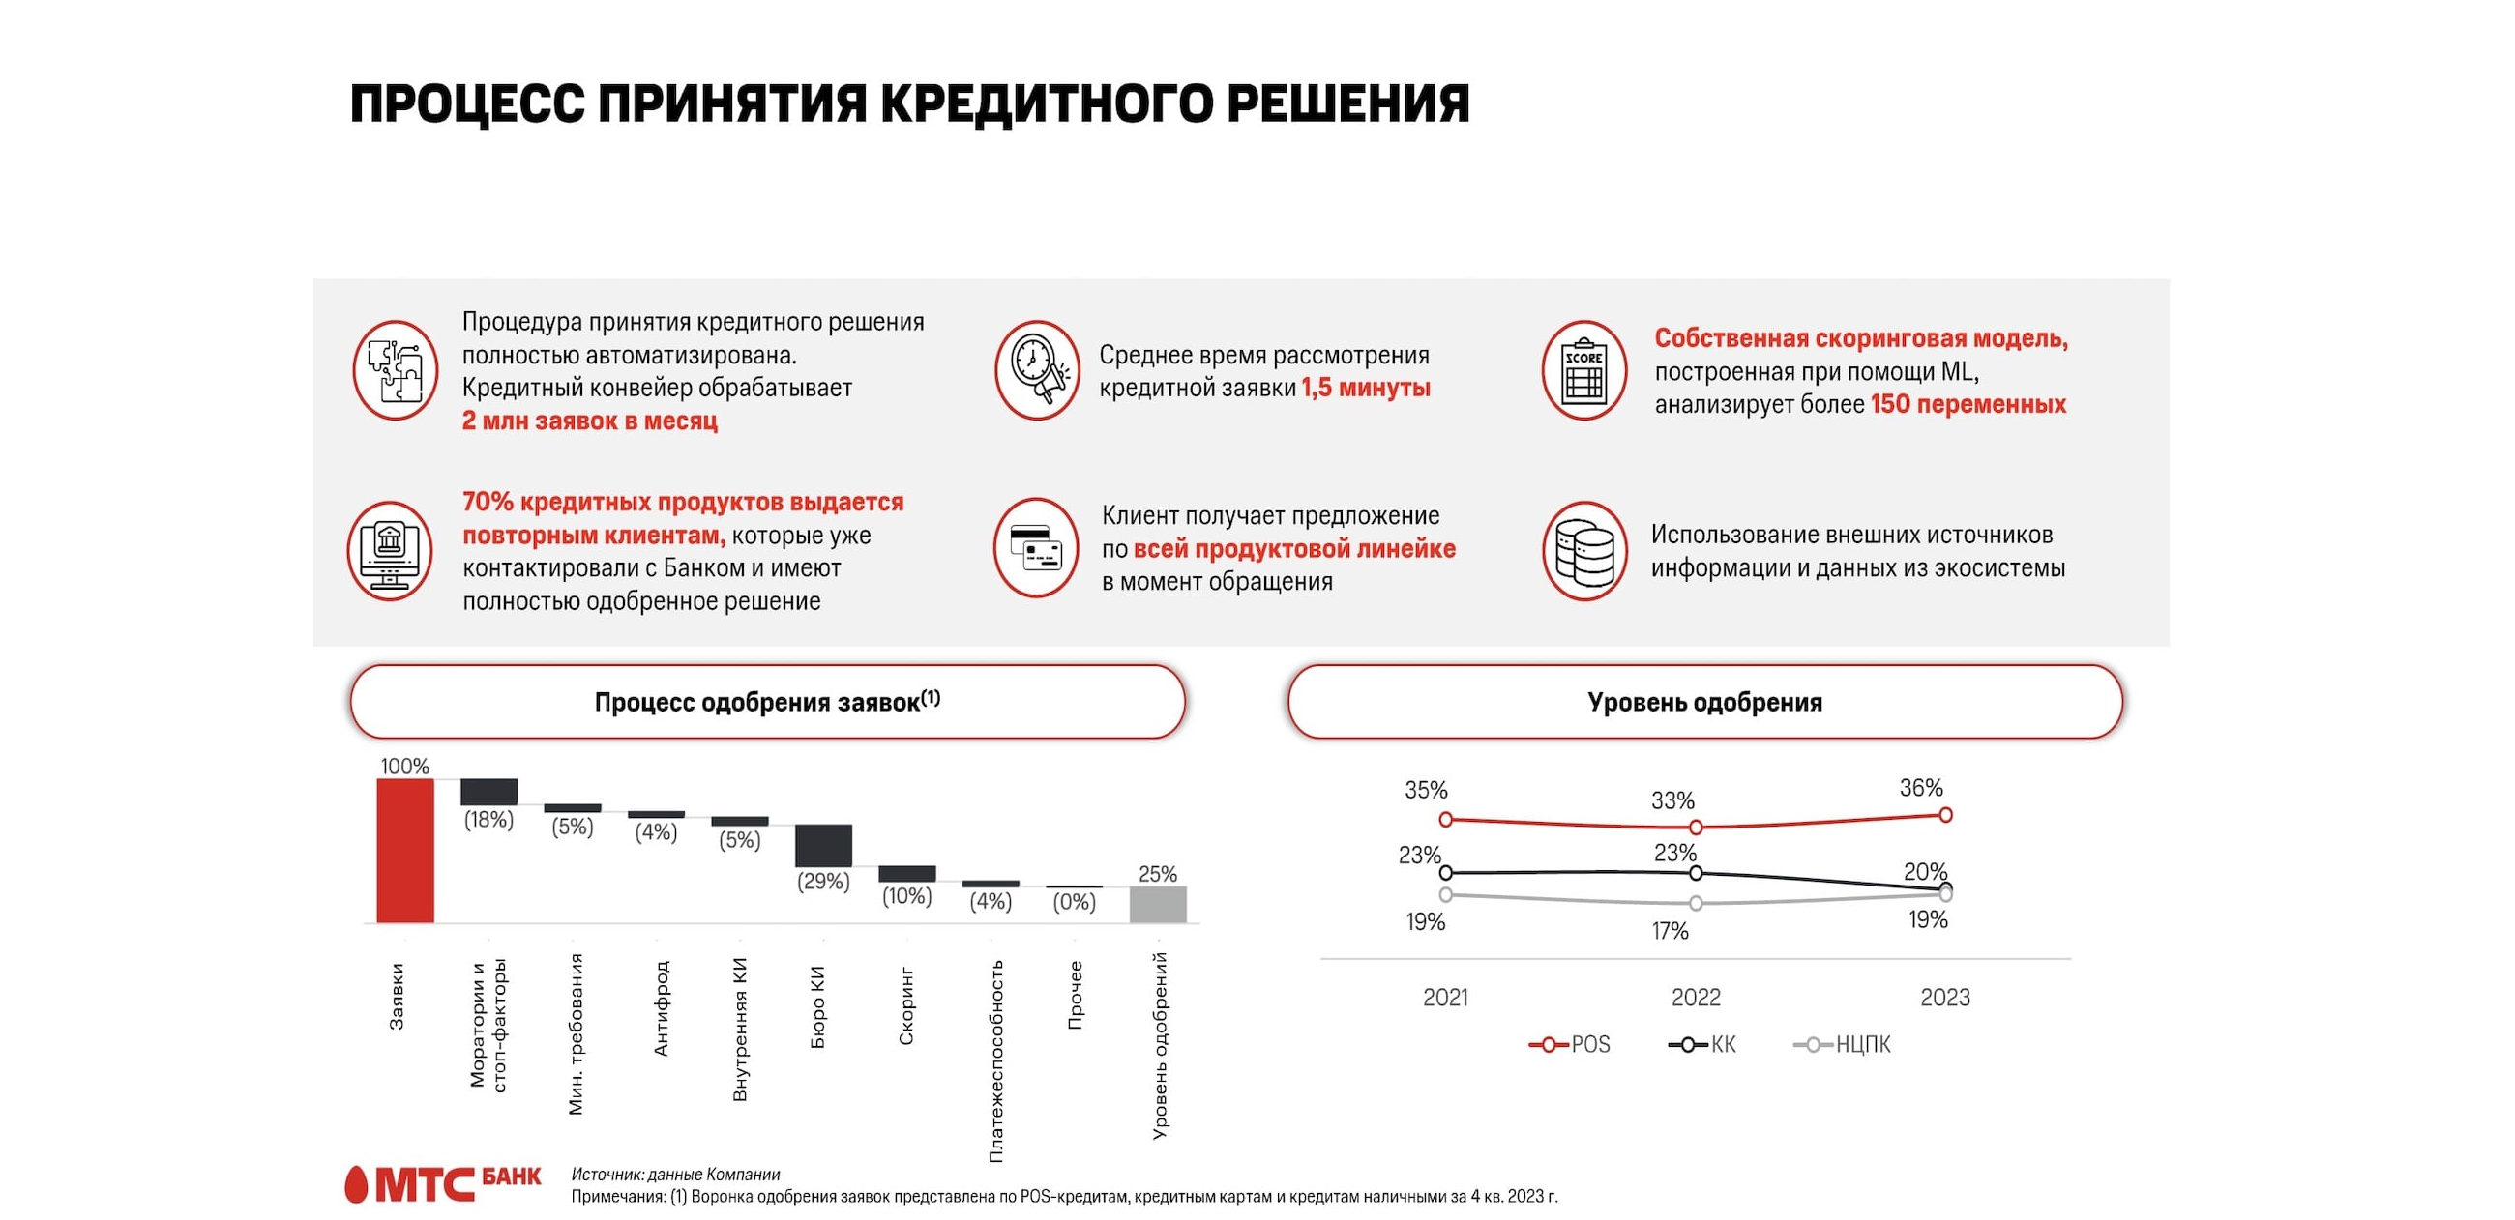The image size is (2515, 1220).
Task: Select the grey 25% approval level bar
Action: coord(1158,904)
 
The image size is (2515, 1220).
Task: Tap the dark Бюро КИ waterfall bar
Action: coord(823,845)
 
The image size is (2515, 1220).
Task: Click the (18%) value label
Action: coord(488,820)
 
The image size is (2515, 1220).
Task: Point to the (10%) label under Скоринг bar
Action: coord(907,896)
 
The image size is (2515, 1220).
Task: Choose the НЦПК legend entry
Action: coord(1843,1044)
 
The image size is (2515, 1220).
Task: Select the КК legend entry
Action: coord(1702,1044)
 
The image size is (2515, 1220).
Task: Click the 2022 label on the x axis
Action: coord(1696,998)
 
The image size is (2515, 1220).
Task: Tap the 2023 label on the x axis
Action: coord(1945,998)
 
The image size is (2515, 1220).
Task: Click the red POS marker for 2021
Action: coord(1446,820)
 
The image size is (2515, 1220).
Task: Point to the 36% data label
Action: coord(1920,788)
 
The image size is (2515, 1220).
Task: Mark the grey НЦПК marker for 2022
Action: coord(1696,904)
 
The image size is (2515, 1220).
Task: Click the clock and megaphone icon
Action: coord(1037,371)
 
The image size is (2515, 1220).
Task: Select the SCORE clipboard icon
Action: coord(1583,371)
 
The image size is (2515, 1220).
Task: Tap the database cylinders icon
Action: coord(1583,551)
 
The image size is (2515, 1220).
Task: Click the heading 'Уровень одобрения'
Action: coord(1704,702)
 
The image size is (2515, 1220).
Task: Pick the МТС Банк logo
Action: coord(442,1184)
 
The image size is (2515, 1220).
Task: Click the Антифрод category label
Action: coord(661,1008)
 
